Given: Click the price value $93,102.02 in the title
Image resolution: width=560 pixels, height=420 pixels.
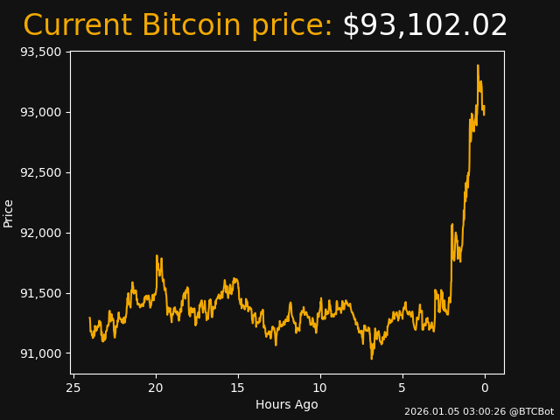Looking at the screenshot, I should click(424, 26).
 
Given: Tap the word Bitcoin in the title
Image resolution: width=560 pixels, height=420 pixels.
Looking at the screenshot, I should click(192, 26).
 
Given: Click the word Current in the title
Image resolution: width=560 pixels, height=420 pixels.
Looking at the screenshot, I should click(77, 26).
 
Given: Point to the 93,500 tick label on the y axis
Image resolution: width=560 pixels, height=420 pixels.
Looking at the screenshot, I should click(40, 52).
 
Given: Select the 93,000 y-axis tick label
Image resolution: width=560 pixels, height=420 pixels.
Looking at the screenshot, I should click(40, 112).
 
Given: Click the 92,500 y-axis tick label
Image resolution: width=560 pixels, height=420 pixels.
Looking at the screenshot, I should click(40, 172).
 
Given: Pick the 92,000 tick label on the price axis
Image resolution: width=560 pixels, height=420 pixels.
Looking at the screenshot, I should click(40, 233).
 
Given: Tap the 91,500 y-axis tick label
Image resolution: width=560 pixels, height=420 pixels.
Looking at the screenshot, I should click(40, 293).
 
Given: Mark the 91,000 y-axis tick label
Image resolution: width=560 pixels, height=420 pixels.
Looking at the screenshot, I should click(40, 353).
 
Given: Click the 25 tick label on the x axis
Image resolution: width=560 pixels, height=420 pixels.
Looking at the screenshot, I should click(73, 388).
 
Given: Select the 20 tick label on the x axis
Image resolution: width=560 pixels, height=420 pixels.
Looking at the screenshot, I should click(156, 388).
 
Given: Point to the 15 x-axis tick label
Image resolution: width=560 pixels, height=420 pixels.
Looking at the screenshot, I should click(238, 388).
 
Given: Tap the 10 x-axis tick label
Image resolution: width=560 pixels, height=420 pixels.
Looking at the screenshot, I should click(320, 388).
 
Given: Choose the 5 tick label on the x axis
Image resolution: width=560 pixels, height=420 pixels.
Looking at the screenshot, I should click(402, 388).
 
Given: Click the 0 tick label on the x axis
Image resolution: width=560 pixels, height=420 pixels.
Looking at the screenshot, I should click(485, 388).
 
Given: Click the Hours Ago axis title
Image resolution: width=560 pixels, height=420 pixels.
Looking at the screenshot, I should click(287, 404).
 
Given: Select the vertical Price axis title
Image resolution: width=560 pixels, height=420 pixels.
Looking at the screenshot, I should click(9, 213).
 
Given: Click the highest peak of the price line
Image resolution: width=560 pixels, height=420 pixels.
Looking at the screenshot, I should click(478, 65).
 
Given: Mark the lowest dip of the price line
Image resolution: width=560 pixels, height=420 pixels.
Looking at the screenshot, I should click(371, 359).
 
